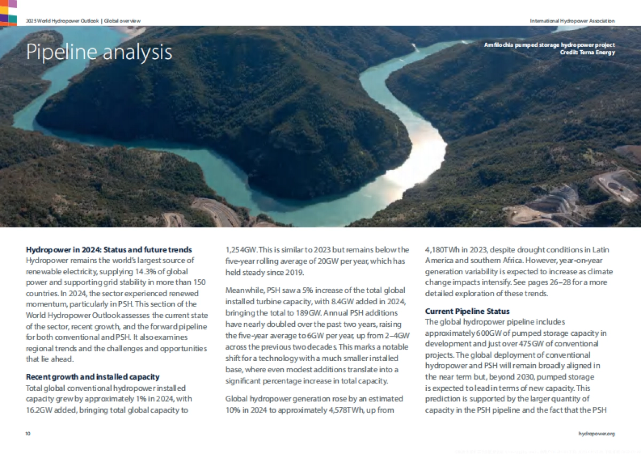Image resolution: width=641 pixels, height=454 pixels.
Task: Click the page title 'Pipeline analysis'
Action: [x=99, y=52]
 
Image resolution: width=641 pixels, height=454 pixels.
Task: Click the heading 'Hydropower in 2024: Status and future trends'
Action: [x=109, y=250]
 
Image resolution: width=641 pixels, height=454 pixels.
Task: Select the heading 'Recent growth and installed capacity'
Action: [x=92, y=377]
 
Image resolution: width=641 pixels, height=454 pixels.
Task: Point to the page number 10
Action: [x=28, y=434]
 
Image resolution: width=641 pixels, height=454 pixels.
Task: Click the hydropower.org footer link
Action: [x=597, y=434]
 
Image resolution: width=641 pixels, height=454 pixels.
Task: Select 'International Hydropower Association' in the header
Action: [x=572, y=21]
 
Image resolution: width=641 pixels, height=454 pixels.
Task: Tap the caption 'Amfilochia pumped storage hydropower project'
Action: [x=549, y=45]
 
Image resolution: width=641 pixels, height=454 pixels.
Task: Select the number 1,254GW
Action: [x=241, y=250]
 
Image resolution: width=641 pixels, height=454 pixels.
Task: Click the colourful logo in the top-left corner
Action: [x=8, y=12]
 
